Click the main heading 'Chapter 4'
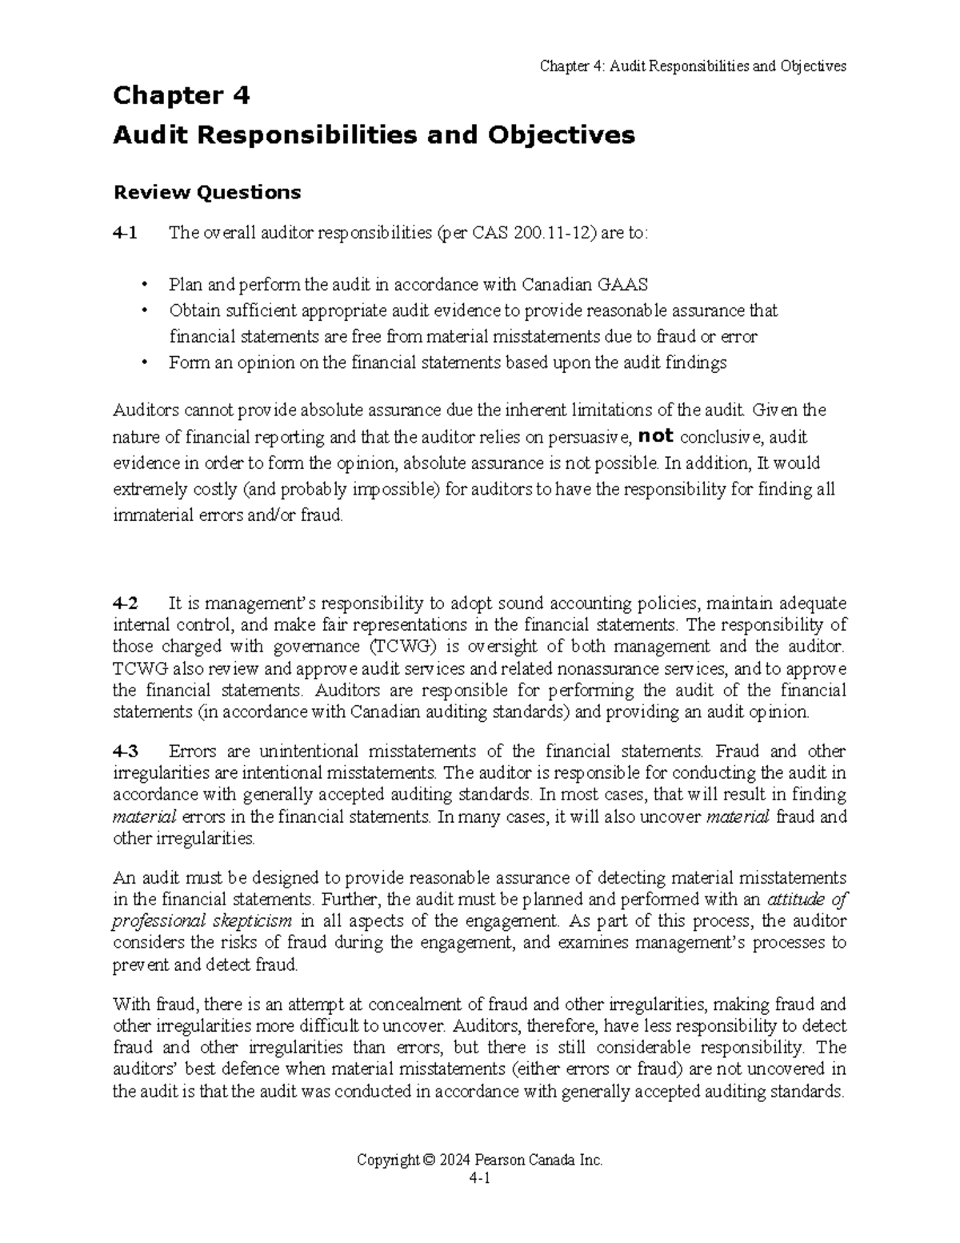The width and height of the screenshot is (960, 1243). point(182,95)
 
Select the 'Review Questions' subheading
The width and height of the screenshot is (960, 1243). point(207,192)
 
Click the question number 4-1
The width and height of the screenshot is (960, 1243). point(125,233)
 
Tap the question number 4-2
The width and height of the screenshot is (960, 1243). point(125,603)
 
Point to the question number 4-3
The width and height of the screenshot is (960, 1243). point(125,751)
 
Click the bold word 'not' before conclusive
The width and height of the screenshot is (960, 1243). point(656,435)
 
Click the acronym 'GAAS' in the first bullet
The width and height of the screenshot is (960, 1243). point(624,284)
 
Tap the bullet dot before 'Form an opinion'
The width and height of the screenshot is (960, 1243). point(145,363)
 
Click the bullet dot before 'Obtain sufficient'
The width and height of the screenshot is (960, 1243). point(145,311)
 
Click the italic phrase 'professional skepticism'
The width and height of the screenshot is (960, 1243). point(202,920)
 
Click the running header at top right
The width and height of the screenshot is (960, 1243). point(693,66)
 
